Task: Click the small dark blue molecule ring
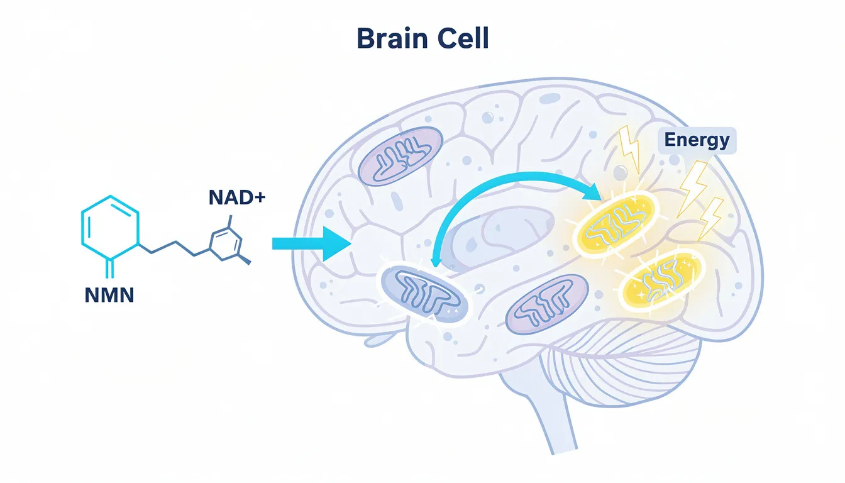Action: [x=224, y=243]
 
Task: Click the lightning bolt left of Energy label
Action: [x=631, y=147]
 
